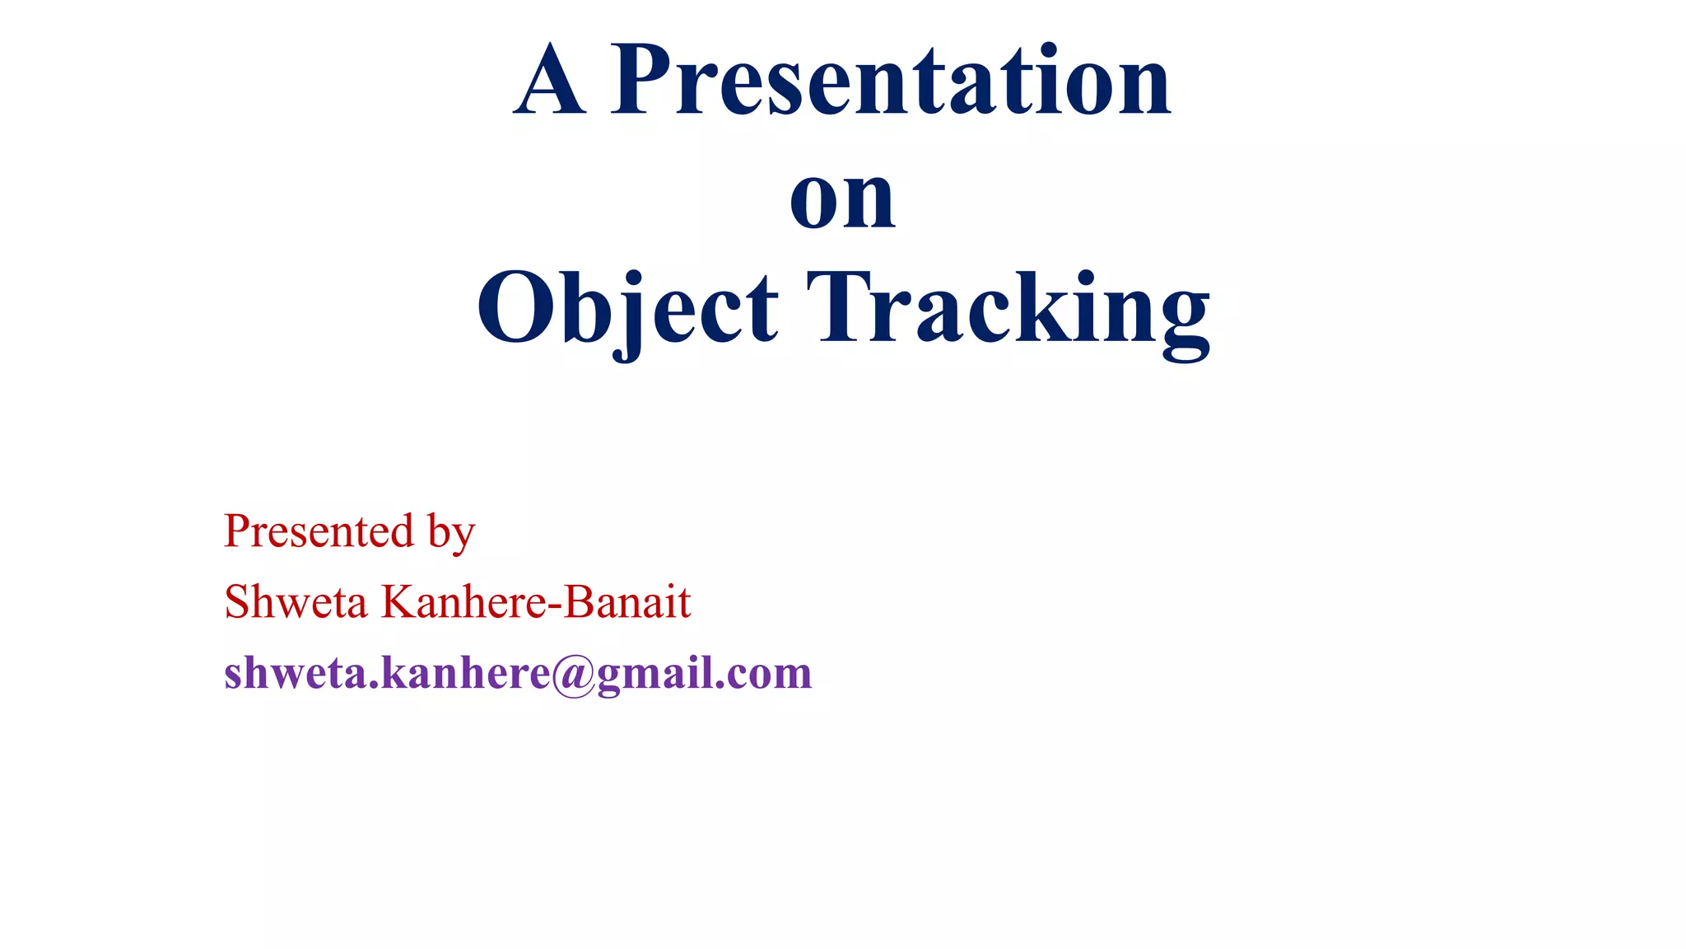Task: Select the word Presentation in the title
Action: tap(890, 80)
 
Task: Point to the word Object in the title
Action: tap(627, 309)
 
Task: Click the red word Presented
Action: tap(319, 531)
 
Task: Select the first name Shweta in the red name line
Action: tap(296, 602)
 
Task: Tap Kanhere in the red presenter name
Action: tap(463, 602)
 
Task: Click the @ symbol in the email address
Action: tap(573, 676)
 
